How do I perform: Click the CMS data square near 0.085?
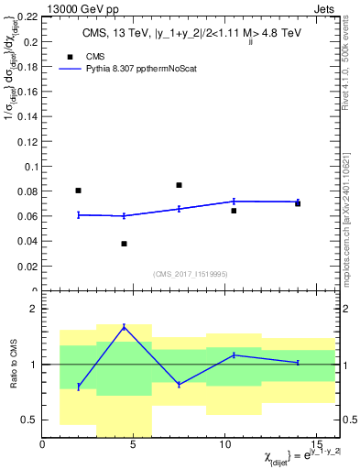[x=179, y=185]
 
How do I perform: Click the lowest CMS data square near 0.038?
[x=124, y=244]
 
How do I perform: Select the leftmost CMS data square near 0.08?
[x=78, y=191]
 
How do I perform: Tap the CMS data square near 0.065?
[x=234, y=211]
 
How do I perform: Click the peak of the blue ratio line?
[x=124, y=326]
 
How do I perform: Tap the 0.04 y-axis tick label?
[x=27, y=242]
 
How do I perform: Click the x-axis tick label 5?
[x=134, y=445]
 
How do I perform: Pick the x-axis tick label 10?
[x=224, y=445]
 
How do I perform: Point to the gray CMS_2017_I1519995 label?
[x=191, y=274]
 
